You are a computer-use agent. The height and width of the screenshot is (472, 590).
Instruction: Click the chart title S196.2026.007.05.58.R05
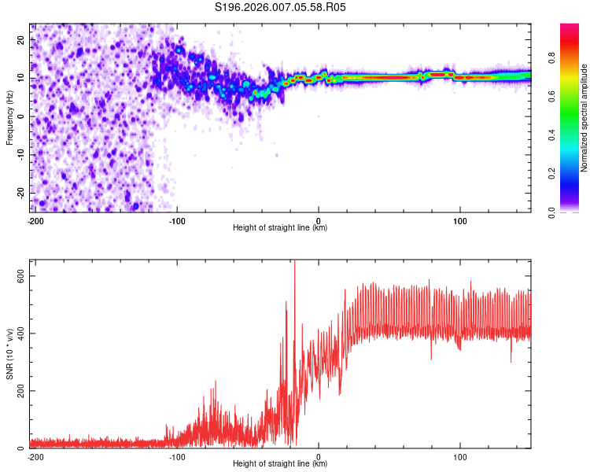(281, 7)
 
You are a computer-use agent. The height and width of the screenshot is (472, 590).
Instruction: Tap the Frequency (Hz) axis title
(10, 117)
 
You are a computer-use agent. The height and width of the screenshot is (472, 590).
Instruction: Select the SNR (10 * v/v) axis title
(10, 354)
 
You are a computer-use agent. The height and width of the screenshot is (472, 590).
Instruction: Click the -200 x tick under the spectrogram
(35, 220)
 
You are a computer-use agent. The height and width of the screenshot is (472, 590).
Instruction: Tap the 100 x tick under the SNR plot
(459, 456)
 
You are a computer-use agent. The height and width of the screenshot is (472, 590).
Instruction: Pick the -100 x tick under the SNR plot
(177, 456)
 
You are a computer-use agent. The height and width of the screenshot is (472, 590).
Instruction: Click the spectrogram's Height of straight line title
(280, 228)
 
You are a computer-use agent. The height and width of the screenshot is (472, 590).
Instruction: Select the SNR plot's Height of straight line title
(280, 464)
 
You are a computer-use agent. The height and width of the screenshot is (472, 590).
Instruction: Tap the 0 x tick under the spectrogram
(319, 220)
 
